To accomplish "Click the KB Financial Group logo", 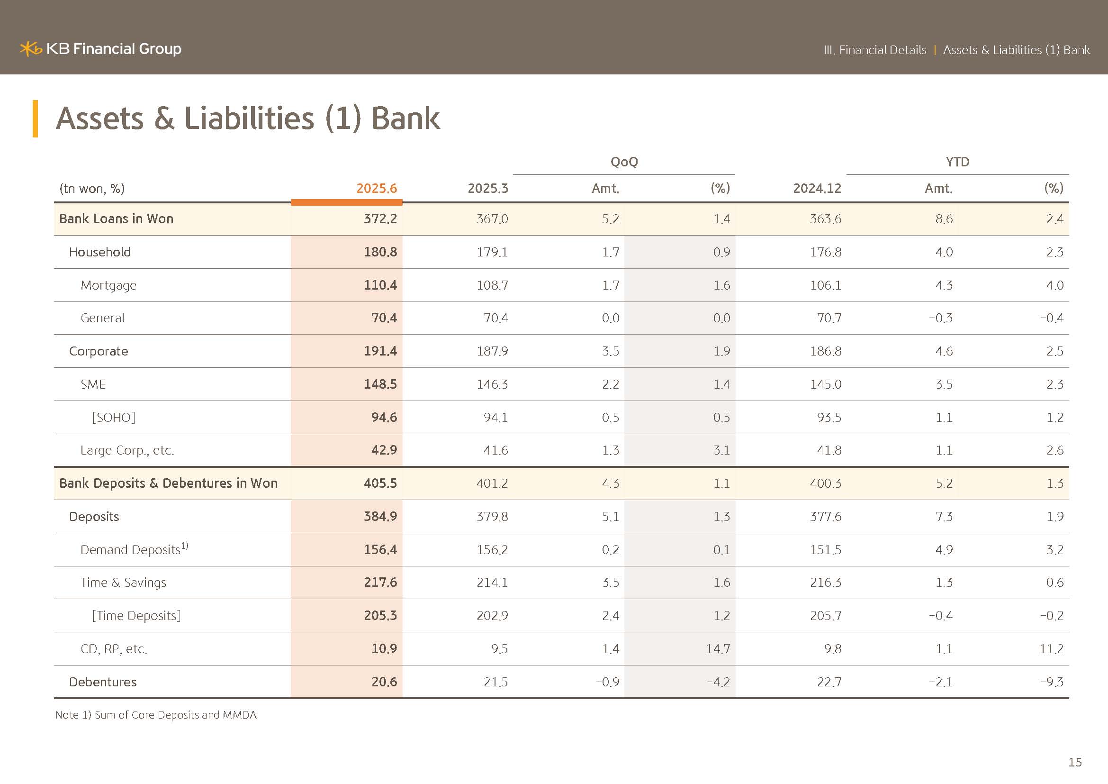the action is [100, 49].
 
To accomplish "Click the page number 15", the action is [1075, 762].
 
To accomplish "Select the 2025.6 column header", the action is [377, 188].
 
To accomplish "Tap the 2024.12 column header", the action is [817, 188].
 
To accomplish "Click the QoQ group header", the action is [624, 162].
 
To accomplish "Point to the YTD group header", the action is [957, 162].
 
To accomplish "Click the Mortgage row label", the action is [108, 286].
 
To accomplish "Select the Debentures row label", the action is [103, 682].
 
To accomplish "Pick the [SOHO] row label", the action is [113, 417].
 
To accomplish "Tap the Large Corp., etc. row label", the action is [127, 450].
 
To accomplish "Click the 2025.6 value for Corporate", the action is [380, 351].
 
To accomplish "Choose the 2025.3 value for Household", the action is [492, 252].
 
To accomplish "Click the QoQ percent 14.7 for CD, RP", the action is [718, 649].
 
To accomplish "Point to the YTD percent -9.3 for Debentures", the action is [1052, 682].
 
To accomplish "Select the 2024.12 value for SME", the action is [826, 384].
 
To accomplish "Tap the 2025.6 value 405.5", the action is [380, 483].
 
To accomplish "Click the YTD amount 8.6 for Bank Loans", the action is [944, 219].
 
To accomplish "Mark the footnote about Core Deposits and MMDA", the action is [156, 715].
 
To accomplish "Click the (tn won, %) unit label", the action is [92, 188].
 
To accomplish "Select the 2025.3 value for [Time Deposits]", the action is [492, 616].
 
